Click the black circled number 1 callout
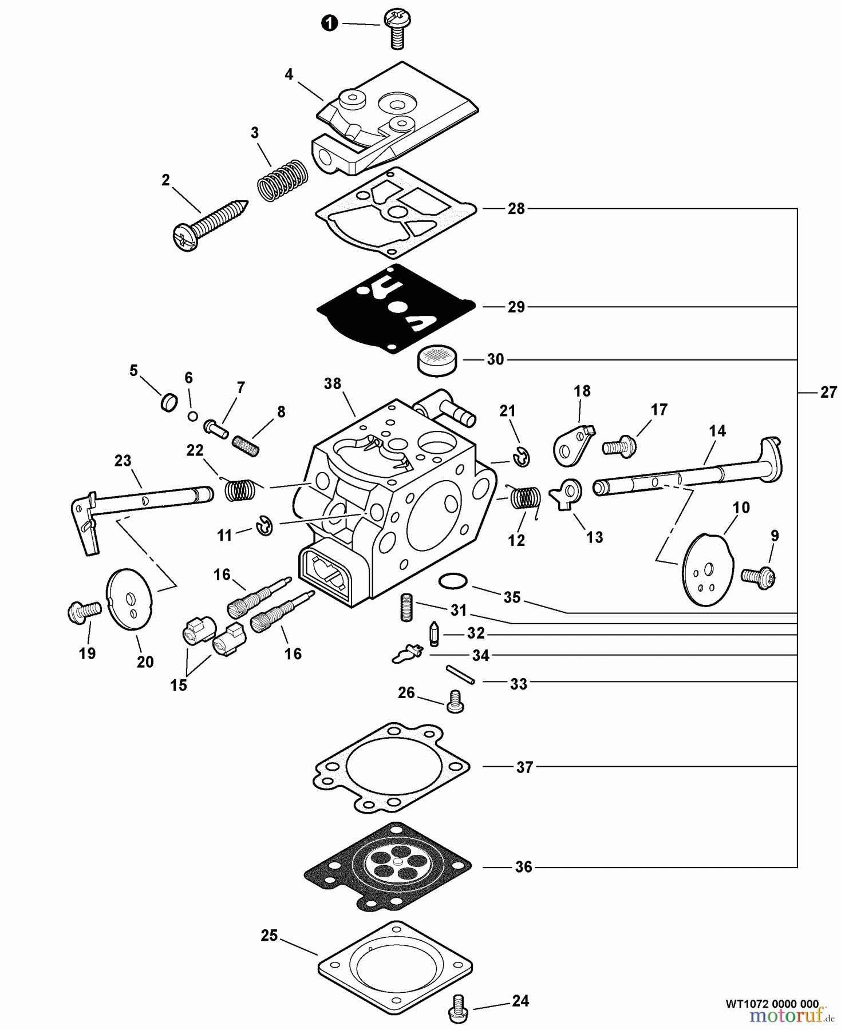pos(329,23)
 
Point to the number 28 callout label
pos(516,209)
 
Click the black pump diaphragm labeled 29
pos(395,307)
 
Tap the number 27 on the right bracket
pos(828,393)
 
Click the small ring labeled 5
pos(168,402)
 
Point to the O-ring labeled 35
pos(452,581)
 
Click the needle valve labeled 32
pos(434,634)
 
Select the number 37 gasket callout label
pos(524,767)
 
